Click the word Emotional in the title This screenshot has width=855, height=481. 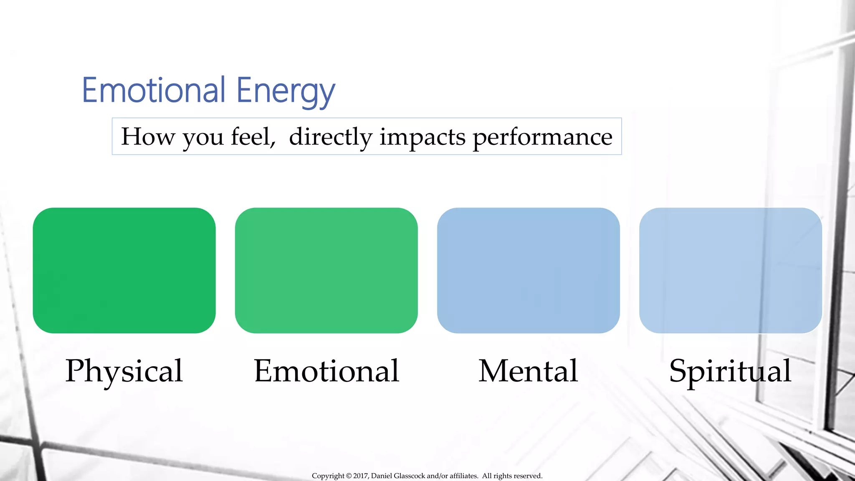coord(154,90)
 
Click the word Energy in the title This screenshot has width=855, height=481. coord(286,92)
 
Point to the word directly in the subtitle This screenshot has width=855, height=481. coord(330,137)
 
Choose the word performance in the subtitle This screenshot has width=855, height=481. coord(542,137)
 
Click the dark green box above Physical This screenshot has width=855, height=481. coord(124,270)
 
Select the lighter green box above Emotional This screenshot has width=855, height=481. coord(326,270)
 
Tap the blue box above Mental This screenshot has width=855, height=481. coord(528,270)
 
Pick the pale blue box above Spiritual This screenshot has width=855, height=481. coord(730,270)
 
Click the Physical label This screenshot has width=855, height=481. coord(124,371)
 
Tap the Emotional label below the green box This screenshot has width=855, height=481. coord(326,371)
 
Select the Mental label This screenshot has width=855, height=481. coord(528,371)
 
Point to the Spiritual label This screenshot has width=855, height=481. coord(730,371)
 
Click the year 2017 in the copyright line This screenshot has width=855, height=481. coord(360,476)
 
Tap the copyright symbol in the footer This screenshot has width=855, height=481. coord(349,476)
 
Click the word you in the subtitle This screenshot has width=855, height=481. coord(203,138)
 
